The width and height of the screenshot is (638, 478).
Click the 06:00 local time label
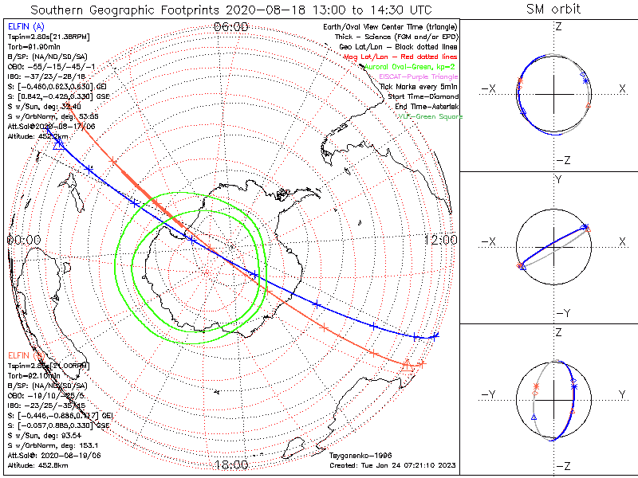click(231, 27)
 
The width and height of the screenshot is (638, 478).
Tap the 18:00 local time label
click(231, 465)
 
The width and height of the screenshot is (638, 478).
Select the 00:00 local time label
click(23, 239)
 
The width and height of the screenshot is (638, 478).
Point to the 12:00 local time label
click(440, 239)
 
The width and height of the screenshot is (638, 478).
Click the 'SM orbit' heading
click(553, 10)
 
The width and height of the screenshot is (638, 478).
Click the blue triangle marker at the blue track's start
click(58, 145)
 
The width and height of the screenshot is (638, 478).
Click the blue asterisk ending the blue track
click(435, 335)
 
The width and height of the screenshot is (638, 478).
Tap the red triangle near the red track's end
click(408, 364)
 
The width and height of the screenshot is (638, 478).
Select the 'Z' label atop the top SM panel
click(557, 26)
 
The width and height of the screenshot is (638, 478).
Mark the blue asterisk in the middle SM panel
click(587, 227)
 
